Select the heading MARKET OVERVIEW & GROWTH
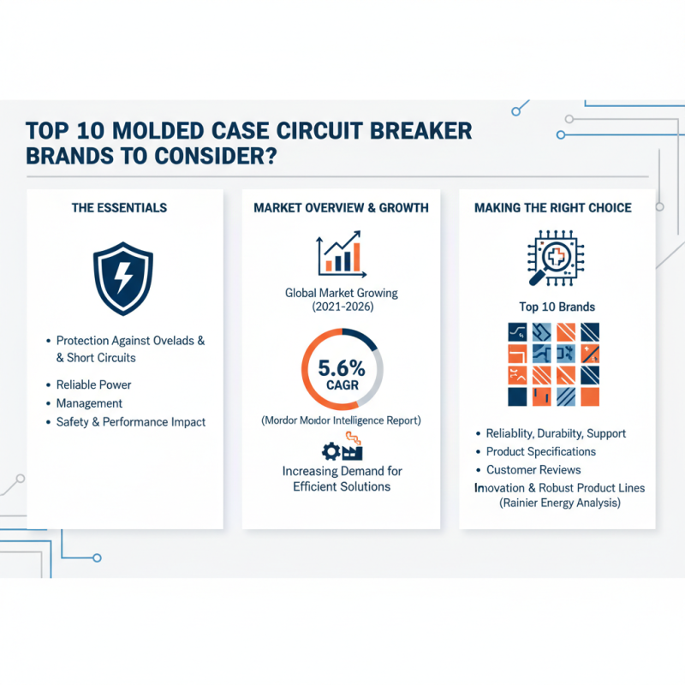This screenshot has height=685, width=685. (342, 207)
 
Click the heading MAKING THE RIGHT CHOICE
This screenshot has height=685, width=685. (552, 207)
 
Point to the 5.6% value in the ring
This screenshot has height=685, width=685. (342, 369)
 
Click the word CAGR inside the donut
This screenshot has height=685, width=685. (342, 385)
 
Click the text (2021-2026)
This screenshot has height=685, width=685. (342, 307)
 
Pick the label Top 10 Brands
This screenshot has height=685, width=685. (557, 307)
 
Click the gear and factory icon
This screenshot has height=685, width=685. (342, 449)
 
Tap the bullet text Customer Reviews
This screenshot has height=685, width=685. (533, 470)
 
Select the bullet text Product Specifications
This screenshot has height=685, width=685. (540, 451)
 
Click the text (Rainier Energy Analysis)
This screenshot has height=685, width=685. (557, 503)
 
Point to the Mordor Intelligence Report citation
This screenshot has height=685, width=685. (342, 420)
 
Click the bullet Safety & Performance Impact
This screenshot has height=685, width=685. (130, 422)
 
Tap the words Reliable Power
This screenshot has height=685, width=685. (93, 384)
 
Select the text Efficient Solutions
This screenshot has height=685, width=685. (342, 486)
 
